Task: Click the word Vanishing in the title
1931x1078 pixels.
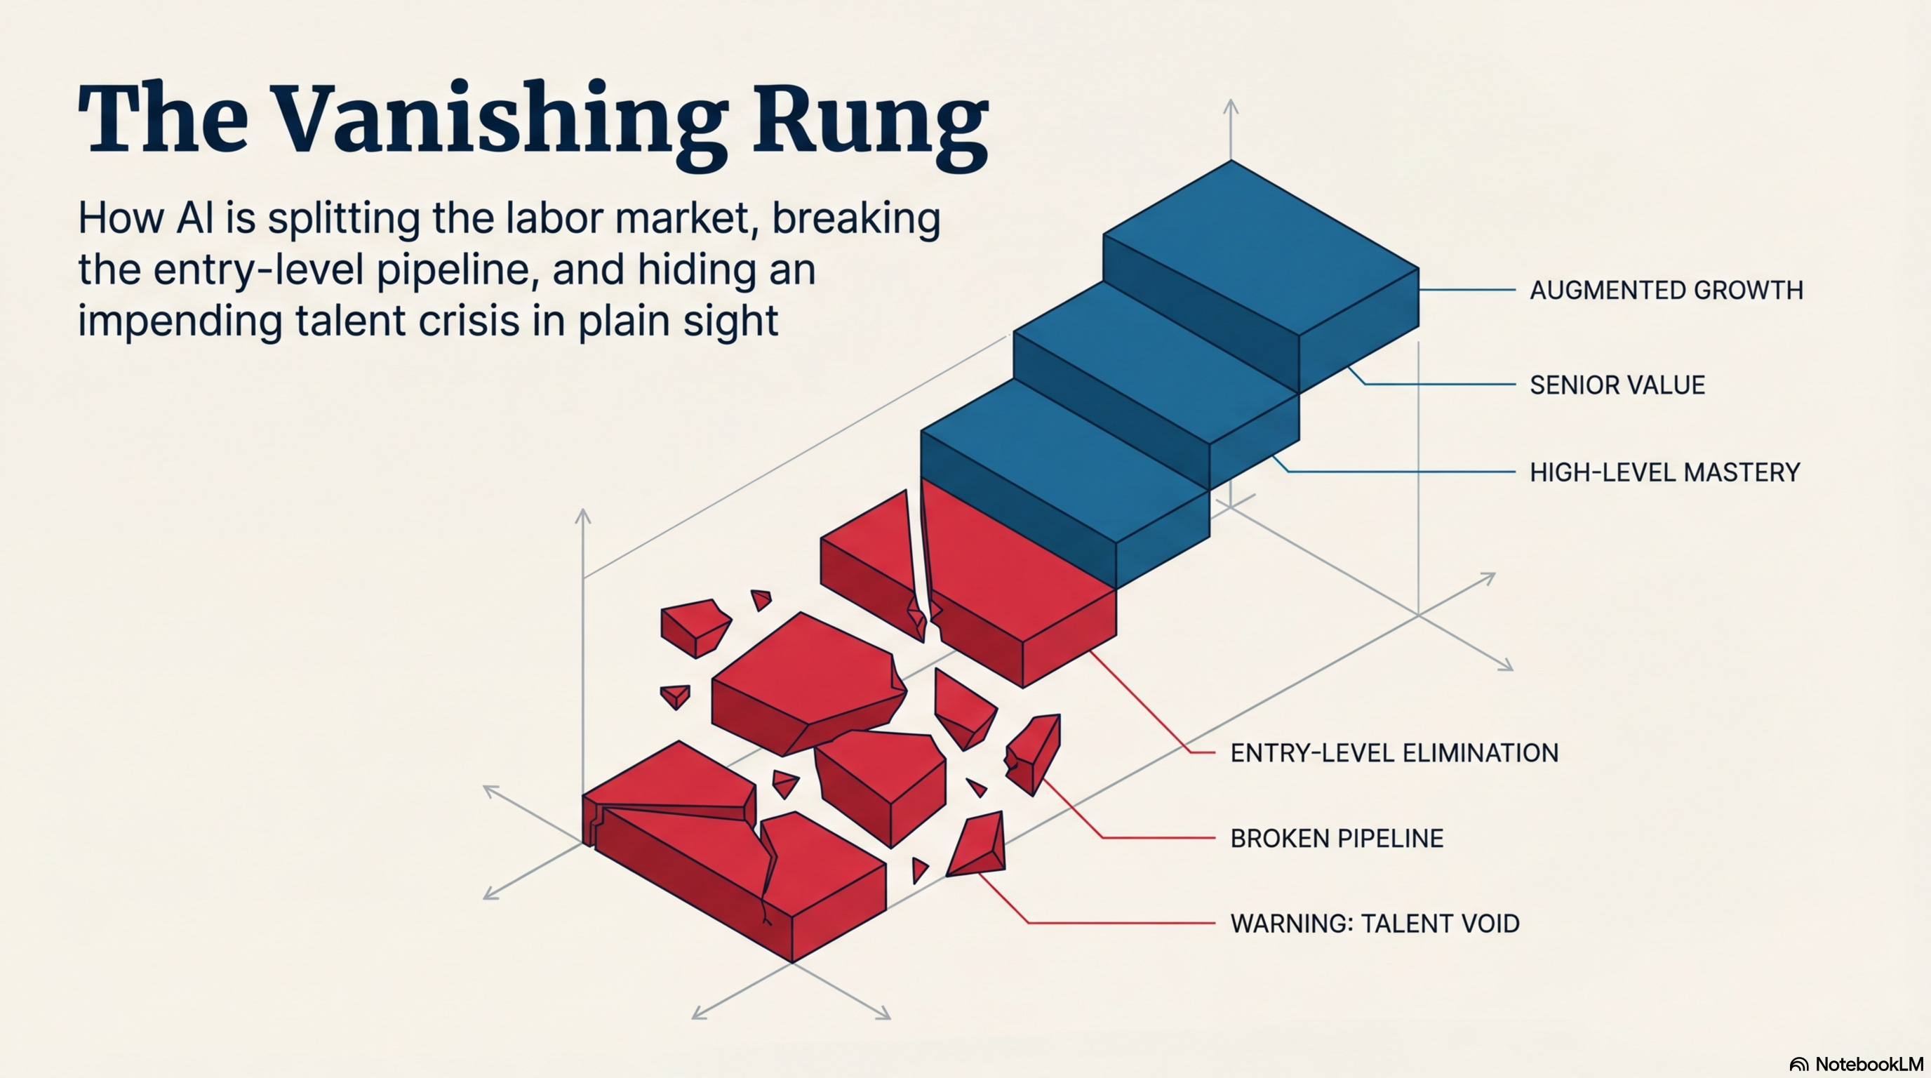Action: (497, 120)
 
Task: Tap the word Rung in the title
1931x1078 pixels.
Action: (869, 120)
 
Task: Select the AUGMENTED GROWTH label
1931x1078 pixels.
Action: (1666, 290)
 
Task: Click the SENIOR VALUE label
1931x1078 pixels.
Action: (1617, 385)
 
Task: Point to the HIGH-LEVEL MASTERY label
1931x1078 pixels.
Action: (1664, 472)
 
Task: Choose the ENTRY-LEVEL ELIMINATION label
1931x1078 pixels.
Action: (1394, 752)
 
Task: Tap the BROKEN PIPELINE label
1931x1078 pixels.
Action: (1337, 838)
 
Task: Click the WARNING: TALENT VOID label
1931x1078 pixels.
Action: (1375, 924)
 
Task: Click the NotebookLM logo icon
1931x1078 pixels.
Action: (1799, 1065)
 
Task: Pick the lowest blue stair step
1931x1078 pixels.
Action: (1064, 465)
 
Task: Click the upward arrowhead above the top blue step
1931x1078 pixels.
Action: (1231, 106)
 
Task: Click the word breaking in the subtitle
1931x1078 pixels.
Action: (856, 219)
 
